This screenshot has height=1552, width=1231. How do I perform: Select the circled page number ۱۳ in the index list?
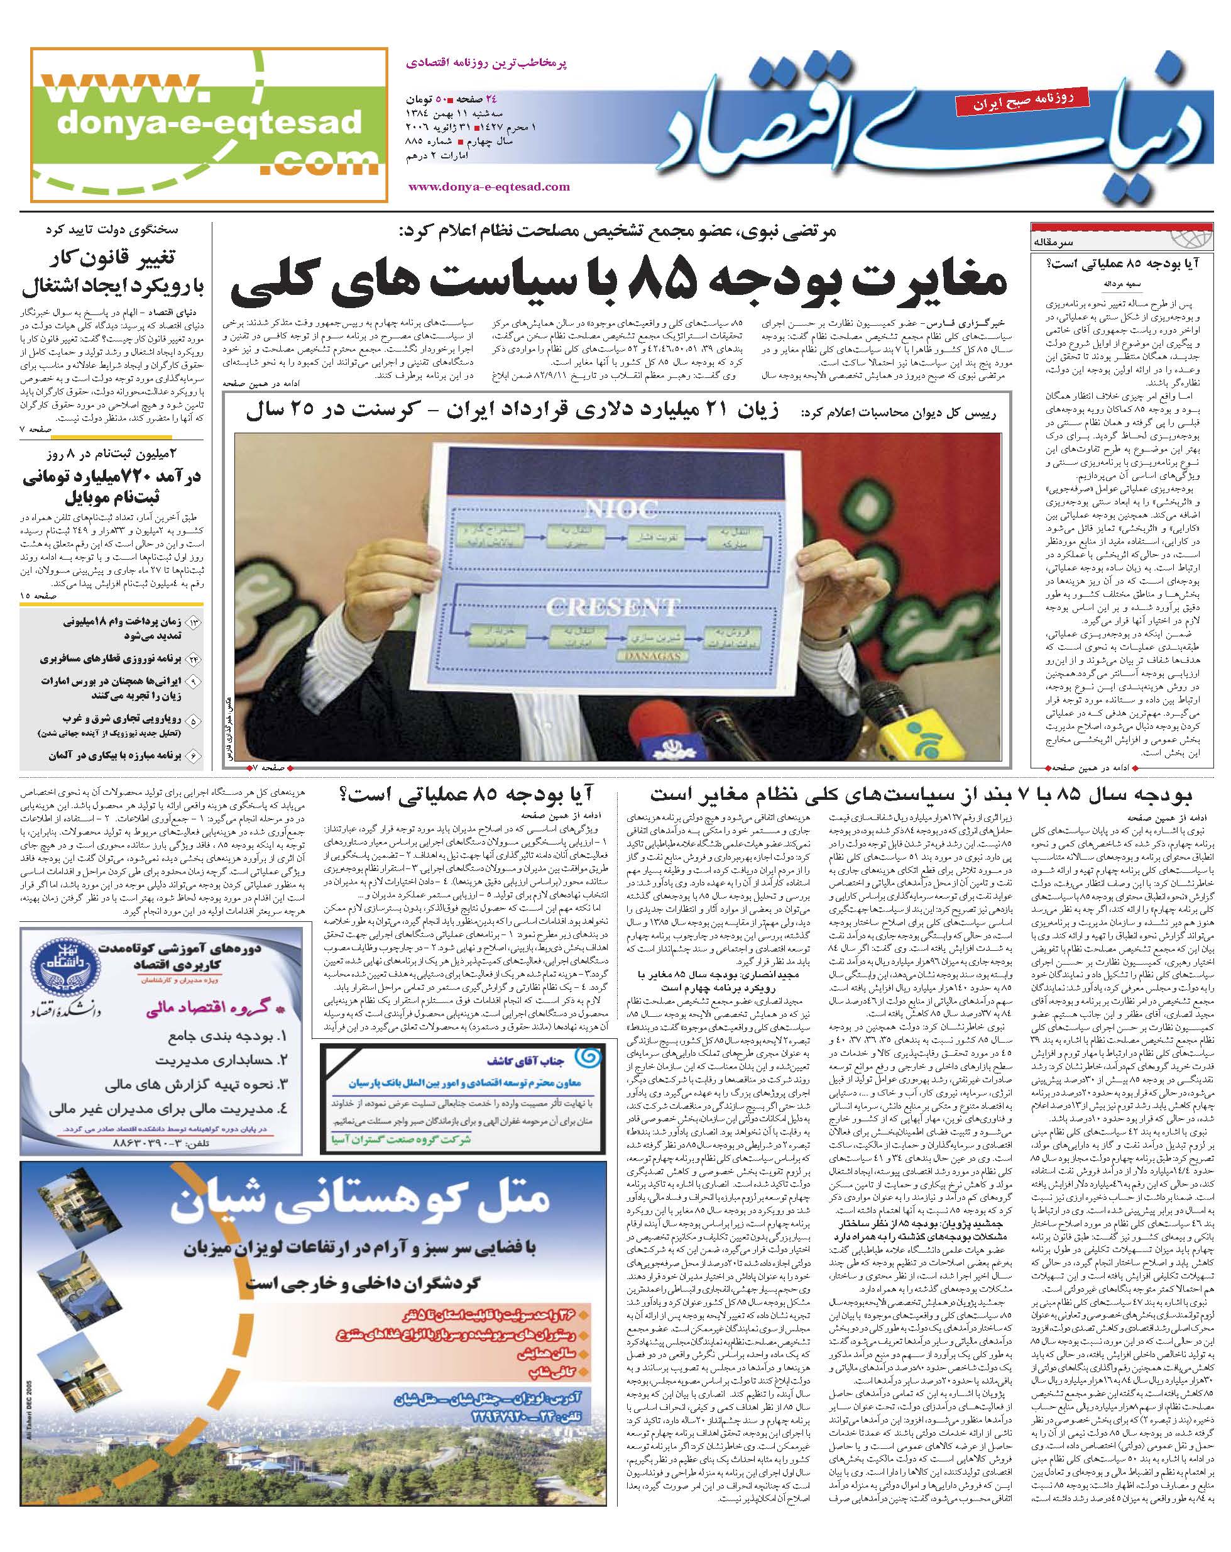pyautogui.click(x=194, y=622)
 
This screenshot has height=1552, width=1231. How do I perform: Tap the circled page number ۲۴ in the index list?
pyautogui.click(x=194, y=658)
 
